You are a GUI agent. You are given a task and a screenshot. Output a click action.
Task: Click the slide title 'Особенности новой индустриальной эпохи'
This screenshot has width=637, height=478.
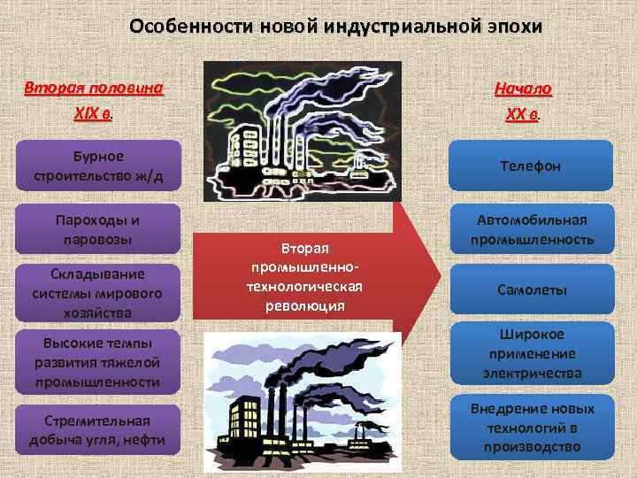334,26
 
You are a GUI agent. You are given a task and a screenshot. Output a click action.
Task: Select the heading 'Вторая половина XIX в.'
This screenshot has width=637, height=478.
94,102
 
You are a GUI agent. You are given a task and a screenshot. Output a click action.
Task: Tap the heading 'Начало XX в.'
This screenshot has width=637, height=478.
523,102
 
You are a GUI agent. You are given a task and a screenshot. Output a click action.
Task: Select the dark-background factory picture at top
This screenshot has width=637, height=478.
302,131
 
